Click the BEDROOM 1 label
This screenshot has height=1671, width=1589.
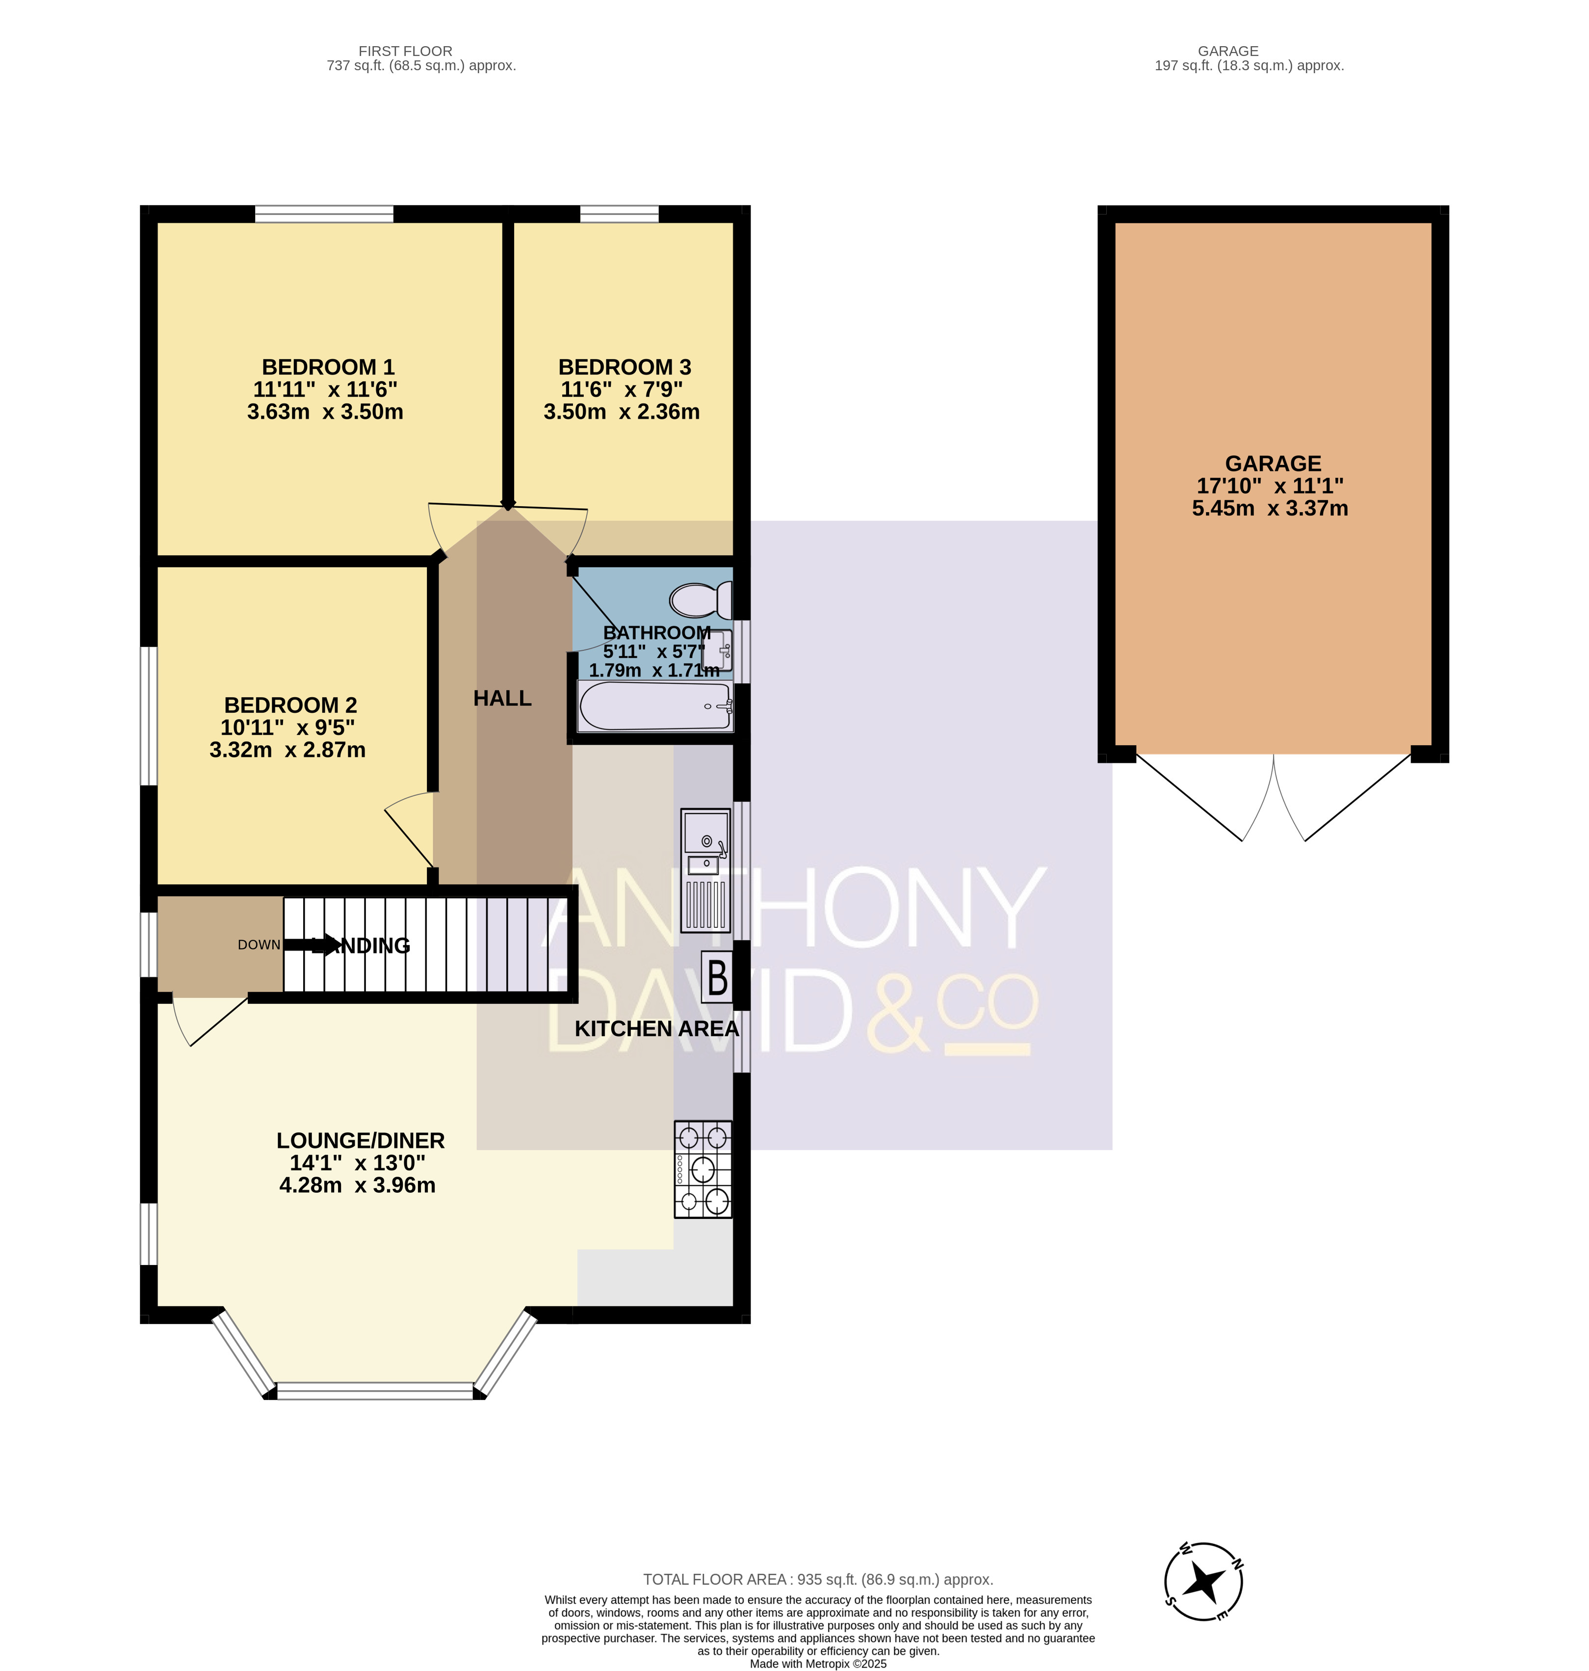pyautogui.click(x=328, y=367)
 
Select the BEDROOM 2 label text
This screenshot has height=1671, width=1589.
pyautogui.click(x=290, y=705)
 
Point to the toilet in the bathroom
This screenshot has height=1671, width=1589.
pyautogui.click(x=701, y=600)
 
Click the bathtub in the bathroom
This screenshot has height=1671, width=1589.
pyautogui.click(x=655, y=707)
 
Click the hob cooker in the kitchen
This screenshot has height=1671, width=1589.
pyautogui.click(x=703, y=1170)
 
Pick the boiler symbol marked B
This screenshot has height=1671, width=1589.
pyautogui.click(x=717, y=977)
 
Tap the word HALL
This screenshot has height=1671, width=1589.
pyautogui.click(x=502, y=698)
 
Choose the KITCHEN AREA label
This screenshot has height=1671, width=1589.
pyautogui.click(x=656, y=1029)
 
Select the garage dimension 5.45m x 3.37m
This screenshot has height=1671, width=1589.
pyautogui.click(x=1270, y=509)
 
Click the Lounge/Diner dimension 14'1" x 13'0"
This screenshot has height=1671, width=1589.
pyautogui.click(x=358, y=1162)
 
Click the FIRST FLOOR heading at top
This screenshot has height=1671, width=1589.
pyautogui.click(x=405, y=51)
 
